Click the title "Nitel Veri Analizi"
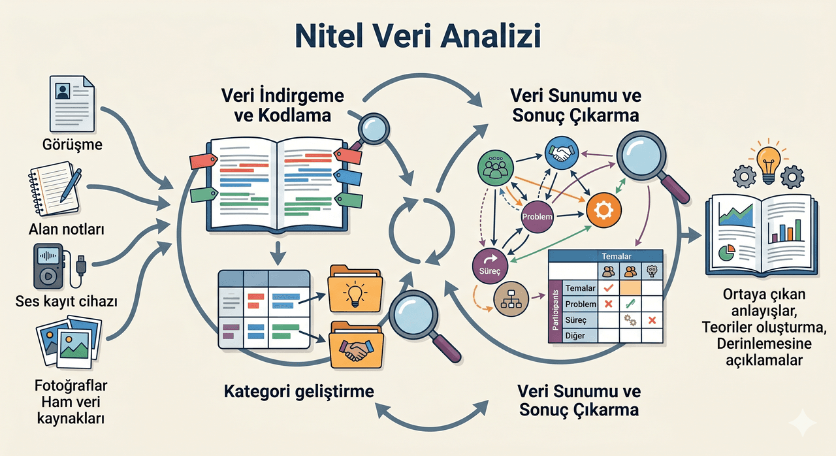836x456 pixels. tap(418, 37)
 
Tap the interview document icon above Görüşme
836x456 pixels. tap(72, 104)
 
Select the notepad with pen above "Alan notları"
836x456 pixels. tap(56, 188)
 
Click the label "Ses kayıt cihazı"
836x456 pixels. tap(67, 301)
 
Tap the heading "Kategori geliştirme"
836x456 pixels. tap(299, 392)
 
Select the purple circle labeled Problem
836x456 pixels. tap(537, 217)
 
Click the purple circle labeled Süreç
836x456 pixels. tap(490, 266)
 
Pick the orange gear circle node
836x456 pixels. tap(603, 210)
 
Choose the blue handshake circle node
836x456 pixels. tap(562, 153)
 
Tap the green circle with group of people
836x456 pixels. tap(495, 168)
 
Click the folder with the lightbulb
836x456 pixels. tap(355, 289)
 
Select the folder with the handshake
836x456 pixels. tap(356, 345)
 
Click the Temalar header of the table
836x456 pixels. tap(616, 256)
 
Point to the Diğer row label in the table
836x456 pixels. tap(575, 336)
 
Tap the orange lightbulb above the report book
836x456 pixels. tap(769, 164)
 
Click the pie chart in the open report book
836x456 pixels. tap(727, 252)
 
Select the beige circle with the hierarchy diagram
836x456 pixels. tap(511, 299)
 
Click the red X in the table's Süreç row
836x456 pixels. tap(652, 320)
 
